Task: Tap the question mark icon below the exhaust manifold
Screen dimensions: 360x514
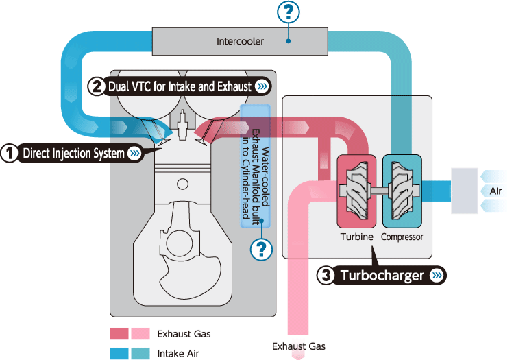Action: click(259, 250)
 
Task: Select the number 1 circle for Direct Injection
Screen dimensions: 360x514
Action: click(9, 153)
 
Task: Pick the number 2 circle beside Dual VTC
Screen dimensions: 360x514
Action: click(97, 86)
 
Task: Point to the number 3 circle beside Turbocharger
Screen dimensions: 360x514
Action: click(327, 276)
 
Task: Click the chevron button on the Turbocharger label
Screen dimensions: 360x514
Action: click(437, 276)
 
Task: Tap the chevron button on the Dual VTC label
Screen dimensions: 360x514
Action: click(262, 86)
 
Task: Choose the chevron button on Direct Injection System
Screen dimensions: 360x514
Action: click(135, 153)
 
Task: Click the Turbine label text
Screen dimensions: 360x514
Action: click(356, 237)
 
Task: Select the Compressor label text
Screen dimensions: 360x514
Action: click(402, 237)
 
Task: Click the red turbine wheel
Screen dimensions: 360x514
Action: click(356, 190)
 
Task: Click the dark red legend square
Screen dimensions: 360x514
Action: click(119, 334)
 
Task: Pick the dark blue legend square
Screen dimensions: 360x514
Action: click(119, 354)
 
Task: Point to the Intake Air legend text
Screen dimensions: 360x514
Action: click(178, 354)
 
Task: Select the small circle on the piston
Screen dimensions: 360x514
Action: click(182, 184)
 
